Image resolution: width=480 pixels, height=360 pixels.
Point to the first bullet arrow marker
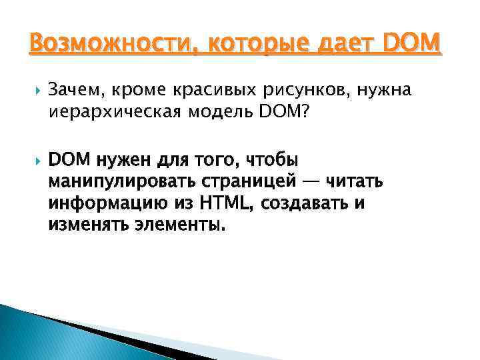pyautogui.click(x=33, y=89)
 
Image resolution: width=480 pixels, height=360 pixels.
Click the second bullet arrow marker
pyautogui.click(x=33, y=161)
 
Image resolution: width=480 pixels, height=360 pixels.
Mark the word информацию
pyautogui.click(x=97, y=203)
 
